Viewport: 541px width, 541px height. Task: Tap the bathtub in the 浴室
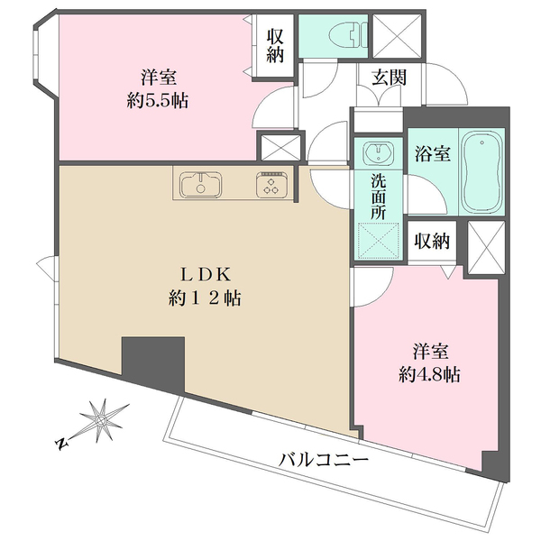[x=483, y=171]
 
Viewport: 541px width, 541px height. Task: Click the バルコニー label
[x=324, y=460]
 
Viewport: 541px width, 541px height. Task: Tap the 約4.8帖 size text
[x=430, y=375]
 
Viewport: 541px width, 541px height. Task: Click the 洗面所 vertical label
[x=377, y=193]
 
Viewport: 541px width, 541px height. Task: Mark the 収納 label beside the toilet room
[x=276, y=43]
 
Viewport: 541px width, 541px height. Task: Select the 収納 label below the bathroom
[x=432, y=242]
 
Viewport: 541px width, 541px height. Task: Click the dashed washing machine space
[x=377, y=239]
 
